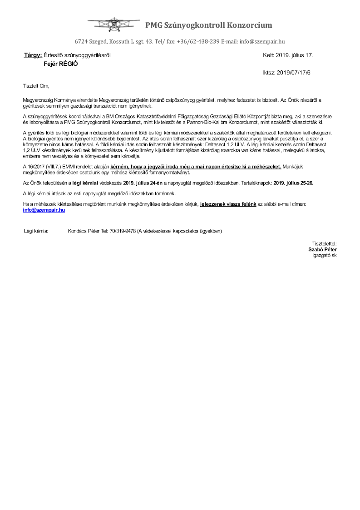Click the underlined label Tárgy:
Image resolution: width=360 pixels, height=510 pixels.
click(33, 55)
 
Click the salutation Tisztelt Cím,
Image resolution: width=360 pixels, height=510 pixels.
click(36, 86)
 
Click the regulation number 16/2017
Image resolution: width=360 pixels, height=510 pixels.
click(36, 167)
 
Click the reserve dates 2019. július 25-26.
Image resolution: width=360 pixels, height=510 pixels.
click(294, 183)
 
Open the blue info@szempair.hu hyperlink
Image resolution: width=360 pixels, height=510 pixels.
click(44, 210)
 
